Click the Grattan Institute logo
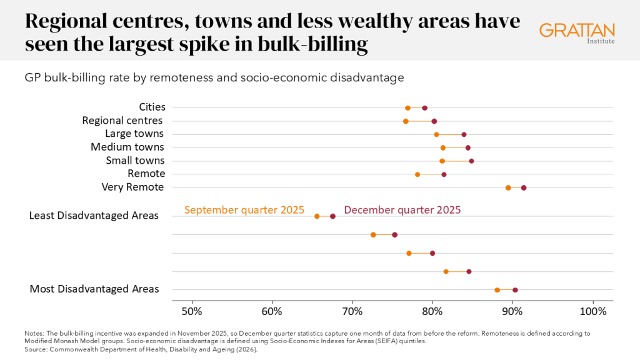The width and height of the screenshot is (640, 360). click(576, 32)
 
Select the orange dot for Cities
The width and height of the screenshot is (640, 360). click(407, 108)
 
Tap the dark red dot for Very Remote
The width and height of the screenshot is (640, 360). click(524, 187)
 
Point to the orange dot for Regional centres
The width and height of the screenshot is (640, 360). click(406, 121)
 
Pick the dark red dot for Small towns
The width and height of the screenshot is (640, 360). click(471, 161)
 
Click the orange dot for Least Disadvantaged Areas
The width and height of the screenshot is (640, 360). click(317, 216)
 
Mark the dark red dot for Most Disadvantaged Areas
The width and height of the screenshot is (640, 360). click(515, 290)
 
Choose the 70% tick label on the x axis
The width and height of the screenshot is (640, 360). click(352, 311)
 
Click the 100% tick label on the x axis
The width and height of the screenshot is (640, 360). click(593, 311)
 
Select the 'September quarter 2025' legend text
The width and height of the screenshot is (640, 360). click(244, 210)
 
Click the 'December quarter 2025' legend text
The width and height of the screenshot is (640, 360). click(402, 210)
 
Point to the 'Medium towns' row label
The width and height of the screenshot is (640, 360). click(127, 147)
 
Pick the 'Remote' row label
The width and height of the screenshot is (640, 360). click(146, 174)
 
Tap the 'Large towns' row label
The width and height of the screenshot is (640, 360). click(134, 134)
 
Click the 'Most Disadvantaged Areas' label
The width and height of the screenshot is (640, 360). click(94, 289)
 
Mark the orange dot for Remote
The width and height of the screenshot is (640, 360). click(417, 174)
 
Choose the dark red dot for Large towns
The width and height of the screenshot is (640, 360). click(464, 134)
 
